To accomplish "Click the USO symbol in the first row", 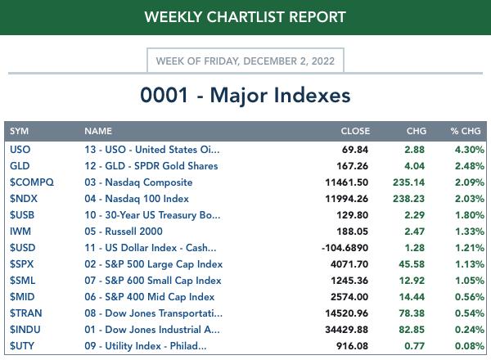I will click(20, 150).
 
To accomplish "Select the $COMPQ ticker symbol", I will click(31, 182).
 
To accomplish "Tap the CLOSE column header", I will click(355, 131).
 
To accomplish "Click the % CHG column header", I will click(466, 131).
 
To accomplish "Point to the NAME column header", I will click(98, 131).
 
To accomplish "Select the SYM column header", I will click(20, 131).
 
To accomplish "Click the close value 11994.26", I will click(347, 199).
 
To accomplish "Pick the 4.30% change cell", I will click(468, 150).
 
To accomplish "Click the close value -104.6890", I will click(342, 248).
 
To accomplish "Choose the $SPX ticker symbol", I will click(24, 264).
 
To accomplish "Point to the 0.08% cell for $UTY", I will click(468, 346).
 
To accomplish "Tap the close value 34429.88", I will click(347, 330).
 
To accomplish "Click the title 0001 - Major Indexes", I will click(245, 95).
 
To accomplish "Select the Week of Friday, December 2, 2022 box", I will click(245, 61).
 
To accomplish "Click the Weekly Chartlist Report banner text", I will click(245, 16).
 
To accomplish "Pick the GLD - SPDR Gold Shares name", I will click(151, 166).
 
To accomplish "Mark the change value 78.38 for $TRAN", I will click(412, 313).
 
